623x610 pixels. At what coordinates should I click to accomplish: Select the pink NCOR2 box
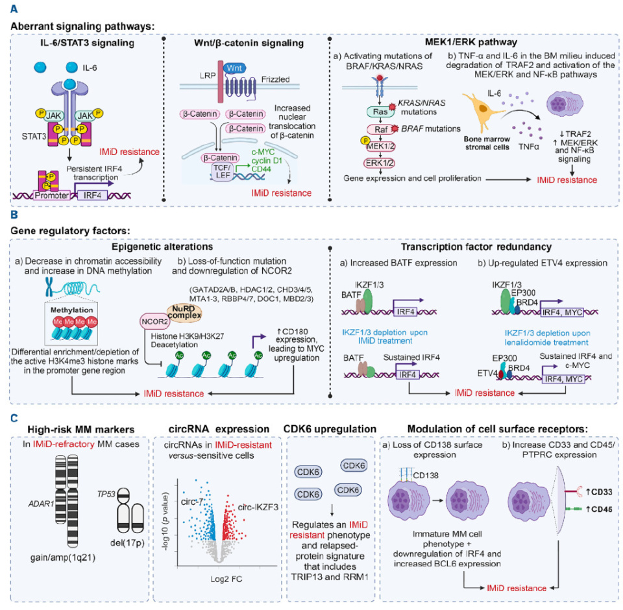[x=153, y=321]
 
